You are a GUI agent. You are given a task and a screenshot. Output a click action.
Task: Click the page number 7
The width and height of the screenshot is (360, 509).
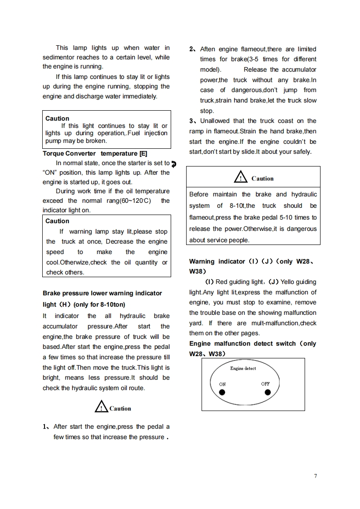coord(315,475)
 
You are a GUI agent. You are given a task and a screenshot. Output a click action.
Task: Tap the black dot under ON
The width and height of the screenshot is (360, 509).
coord(222,392)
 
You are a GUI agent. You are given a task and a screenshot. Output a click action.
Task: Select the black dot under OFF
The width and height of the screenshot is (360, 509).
coord(267,392)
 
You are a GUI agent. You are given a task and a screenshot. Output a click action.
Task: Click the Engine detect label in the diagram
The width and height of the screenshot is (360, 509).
coord(243,368)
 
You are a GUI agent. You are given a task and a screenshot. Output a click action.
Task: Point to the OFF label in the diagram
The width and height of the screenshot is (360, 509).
coord(266,384)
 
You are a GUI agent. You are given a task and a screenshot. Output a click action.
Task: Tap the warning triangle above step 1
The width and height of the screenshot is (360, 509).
coord(101,407)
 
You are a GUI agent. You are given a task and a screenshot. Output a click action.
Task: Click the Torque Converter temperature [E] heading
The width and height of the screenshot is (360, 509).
coord(95,153)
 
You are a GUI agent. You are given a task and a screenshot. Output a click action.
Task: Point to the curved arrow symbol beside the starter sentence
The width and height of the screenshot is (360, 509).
coord(174,164)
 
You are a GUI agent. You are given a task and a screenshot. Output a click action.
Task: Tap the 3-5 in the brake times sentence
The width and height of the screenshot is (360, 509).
coord(254,59)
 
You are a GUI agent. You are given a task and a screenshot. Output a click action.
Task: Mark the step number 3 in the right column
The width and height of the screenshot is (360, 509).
coord(192,121)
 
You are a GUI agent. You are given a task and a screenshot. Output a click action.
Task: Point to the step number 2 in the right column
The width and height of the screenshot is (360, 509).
coord(192,49)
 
